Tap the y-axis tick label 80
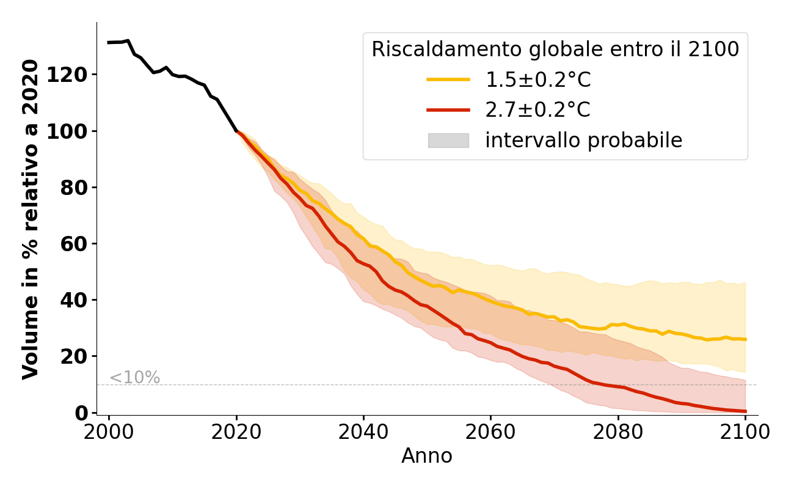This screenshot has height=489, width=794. click(x=78, y=188)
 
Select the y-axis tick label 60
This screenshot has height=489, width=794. click(x=78, y=244)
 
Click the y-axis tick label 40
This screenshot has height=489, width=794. click(x=78, y=300)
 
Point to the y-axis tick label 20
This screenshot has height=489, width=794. click(x=78, y=356)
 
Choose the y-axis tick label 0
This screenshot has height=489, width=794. click(x=82, y=413)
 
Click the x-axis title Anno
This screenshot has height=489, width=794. click(x=427, y=456)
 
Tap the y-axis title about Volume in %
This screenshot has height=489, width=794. click(x=31, y=219)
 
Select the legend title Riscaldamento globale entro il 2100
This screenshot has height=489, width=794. click(x=555, y=50)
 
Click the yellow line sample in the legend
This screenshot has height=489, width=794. click(x=448, y=79)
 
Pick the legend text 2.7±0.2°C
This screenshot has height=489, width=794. click(x=537, y=110)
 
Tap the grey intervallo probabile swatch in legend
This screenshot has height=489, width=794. click(x=448, y=141)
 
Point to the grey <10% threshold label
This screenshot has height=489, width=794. click(x=134, y=378)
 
